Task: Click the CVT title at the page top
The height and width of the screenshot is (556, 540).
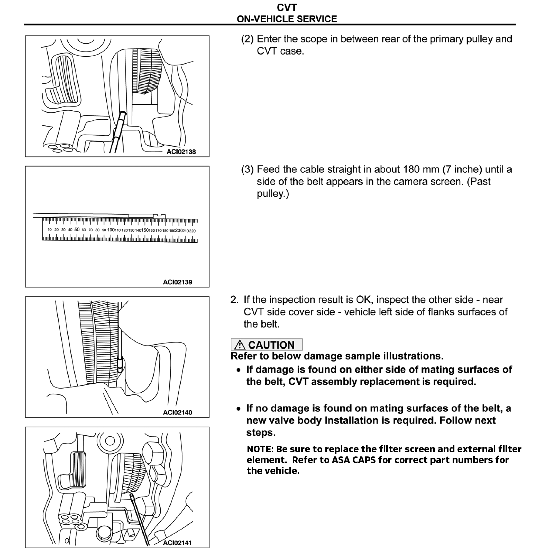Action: coord(287,8)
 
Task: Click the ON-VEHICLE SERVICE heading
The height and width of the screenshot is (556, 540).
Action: coord(287,19)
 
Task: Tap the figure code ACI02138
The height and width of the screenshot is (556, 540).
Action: coord(181,152)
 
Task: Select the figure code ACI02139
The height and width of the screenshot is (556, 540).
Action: coord(177,282)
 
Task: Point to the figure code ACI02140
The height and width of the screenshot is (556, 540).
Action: coord(177,412)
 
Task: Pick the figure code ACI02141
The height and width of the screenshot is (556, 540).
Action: coord(177,543)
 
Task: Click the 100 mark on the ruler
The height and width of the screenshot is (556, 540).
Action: coord(111,230)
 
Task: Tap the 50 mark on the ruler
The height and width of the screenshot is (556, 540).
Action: coord(77,230)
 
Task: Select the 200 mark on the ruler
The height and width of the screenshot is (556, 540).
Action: coord(179,230)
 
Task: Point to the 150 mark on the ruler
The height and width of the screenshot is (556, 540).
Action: coord(145,230)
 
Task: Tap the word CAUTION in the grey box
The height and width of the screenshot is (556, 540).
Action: coord(271,345)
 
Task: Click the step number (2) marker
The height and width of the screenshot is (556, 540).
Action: coord(247,39)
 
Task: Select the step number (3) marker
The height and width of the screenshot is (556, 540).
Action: coord(247,169)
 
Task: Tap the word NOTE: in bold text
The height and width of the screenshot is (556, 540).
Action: coord(260,449)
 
